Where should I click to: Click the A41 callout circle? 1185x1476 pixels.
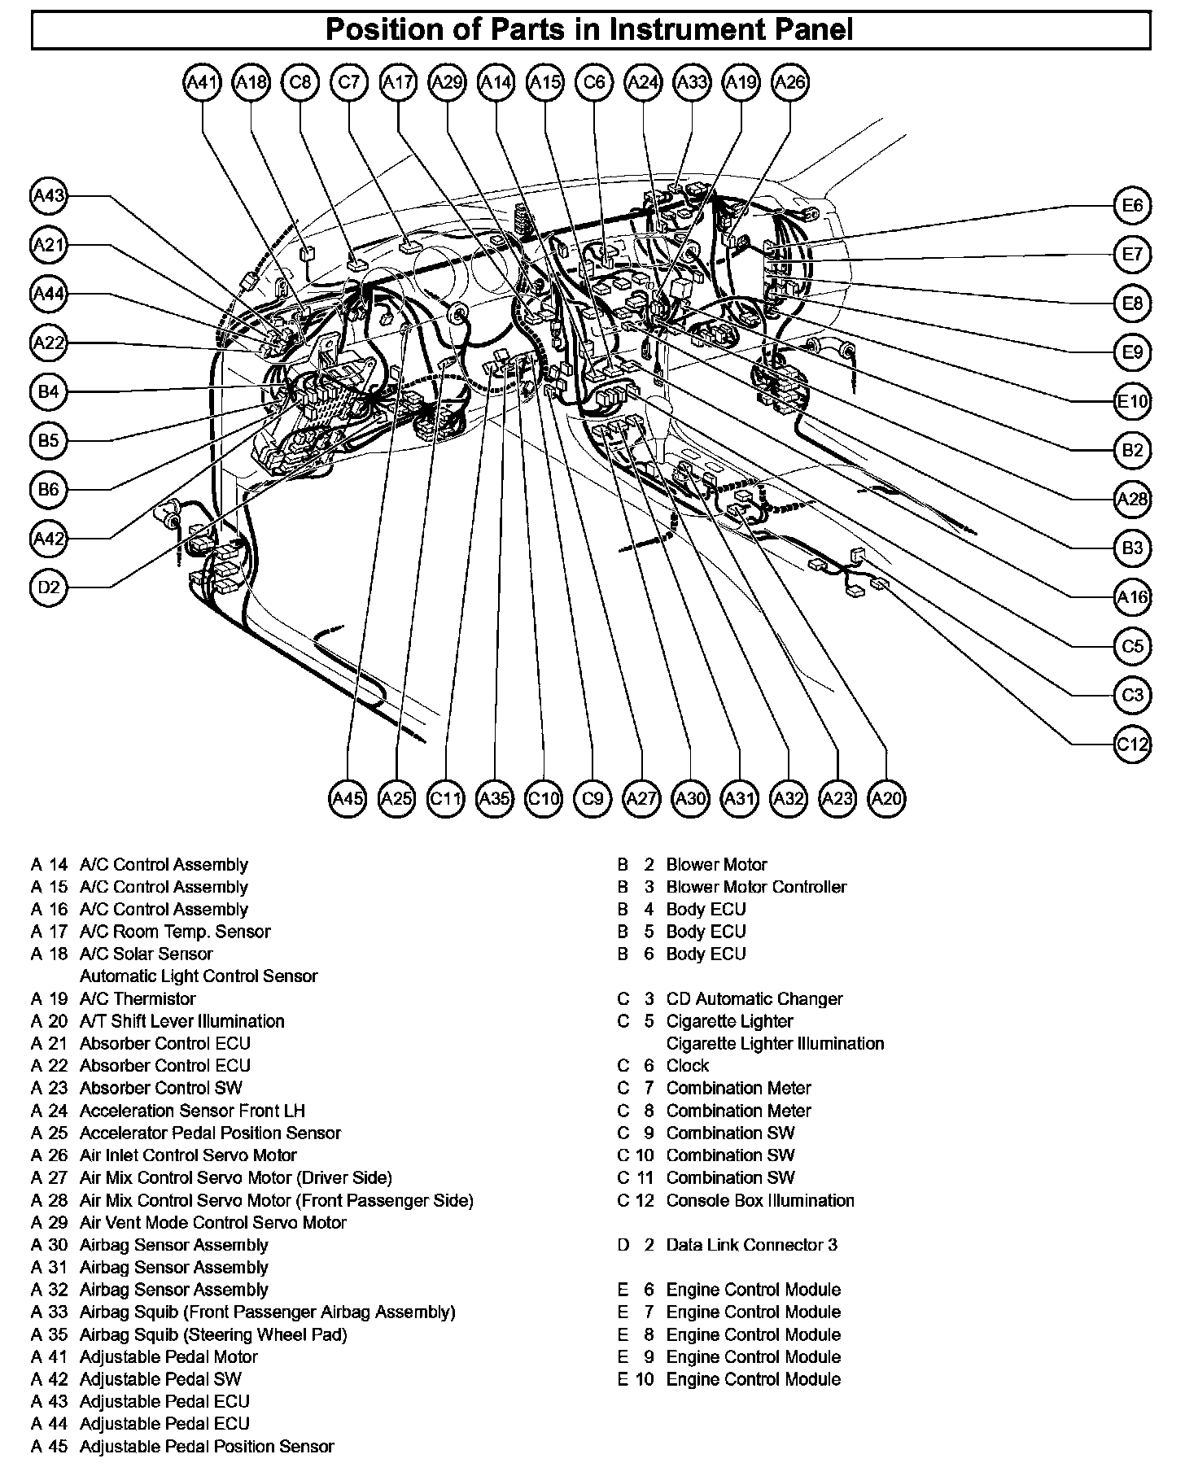203,82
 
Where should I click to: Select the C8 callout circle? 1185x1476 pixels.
300,82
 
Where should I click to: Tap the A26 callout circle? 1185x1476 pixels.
790,82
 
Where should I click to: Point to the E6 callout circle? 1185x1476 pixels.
1132,206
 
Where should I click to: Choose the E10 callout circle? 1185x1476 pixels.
1132,401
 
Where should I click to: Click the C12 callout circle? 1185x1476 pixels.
1132,744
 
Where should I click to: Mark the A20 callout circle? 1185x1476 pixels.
886,798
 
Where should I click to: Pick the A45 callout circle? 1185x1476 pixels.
348,798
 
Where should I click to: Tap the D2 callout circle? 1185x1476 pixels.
49,587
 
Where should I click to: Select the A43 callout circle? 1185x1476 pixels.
49,196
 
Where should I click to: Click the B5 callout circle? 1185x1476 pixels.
49,440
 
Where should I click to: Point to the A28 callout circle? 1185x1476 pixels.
1132,499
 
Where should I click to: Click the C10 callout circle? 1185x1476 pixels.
544,798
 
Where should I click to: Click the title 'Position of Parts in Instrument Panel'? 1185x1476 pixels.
590,30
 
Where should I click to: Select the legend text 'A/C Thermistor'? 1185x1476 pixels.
138,998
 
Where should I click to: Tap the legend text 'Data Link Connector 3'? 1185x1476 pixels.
751,1244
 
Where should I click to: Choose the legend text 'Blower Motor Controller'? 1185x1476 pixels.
756,887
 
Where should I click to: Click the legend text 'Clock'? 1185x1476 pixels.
688,1065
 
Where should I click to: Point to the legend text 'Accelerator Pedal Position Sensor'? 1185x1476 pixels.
210,1133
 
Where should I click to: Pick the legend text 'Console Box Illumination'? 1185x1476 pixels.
760,1200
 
